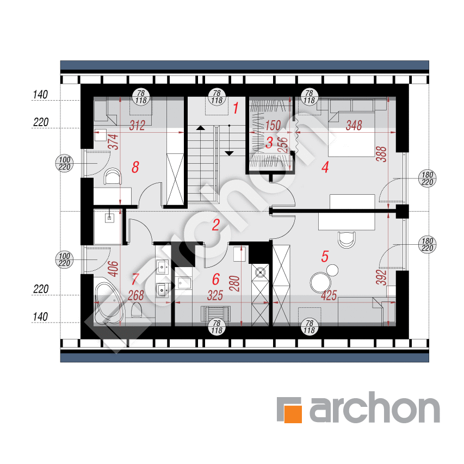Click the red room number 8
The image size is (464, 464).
(x=135, y=167)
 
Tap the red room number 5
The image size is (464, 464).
(x=325, y=257)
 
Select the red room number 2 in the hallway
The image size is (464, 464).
(x=216, y=225)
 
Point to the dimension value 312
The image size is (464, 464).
(x=137, y=126)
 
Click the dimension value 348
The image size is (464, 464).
(x=354, y=126)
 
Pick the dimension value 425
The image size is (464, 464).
(x=329, y=295)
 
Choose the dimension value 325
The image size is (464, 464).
(x=215, y=295)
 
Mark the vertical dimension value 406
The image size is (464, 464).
(x=113, y=269)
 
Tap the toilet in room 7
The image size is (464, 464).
(x=137, y=310)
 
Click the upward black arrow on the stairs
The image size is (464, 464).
(x=201, y=128)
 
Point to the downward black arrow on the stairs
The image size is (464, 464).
(x=229, y=153)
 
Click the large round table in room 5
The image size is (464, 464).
(x=320, y=283)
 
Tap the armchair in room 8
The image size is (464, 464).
(x=113, y=177)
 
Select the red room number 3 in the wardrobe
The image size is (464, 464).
(x=269, y=143)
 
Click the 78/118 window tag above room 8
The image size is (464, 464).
(x=141, y=97)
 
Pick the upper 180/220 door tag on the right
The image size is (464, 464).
(x=428, y=178)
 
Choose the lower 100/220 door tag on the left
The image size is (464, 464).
(x=65, y=259)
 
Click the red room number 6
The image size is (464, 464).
(x=216, y=280)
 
